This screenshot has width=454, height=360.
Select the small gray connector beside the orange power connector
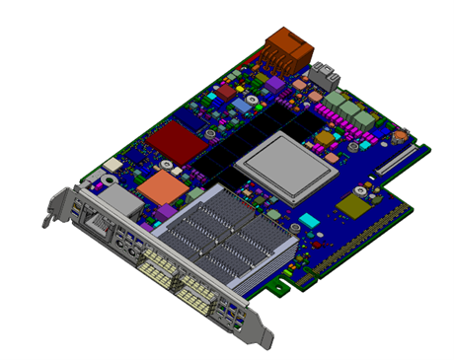[324, 72]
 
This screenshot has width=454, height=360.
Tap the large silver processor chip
[286, 164]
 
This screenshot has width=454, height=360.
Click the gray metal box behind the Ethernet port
[119, 200]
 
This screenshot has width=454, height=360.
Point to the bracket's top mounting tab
[50, 209]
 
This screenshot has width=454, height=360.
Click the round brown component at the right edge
[401, 136]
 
